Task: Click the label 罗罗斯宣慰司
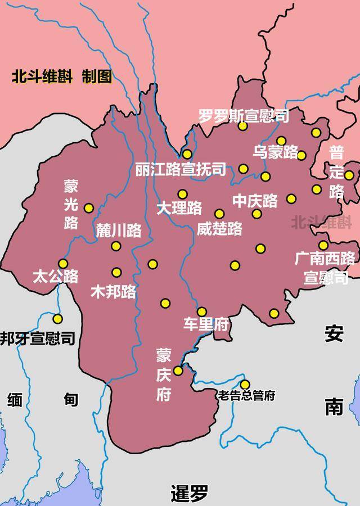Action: [244, 116]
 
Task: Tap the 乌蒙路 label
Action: [275, 152]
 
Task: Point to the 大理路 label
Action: [179, 208]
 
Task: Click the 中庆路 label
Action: [255, 201]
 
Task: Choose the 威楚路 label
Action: [219, 228]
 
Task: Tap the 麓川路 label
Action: [119, 231]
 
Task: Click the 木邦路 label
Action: [113, 291]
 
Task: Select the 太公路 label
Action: [56, 277]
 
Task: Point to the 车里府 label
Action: [205, 325]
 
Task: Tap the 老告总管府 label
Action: [247, 396]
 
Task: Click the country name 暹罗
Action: [189, 494]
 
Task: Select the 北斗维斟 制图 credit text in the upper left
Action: [62, 77]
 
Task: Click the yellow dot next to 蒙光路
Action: [88, 208]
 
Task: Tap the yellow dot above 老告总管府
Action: [245, 385]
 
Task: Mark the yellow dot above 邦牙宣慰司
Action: [57, 319]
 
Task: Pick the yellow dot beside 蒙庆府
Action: [178, 371]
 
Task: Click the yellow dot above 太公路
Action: [63, 264]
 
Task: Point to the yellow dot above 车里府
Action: [201, 311]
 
